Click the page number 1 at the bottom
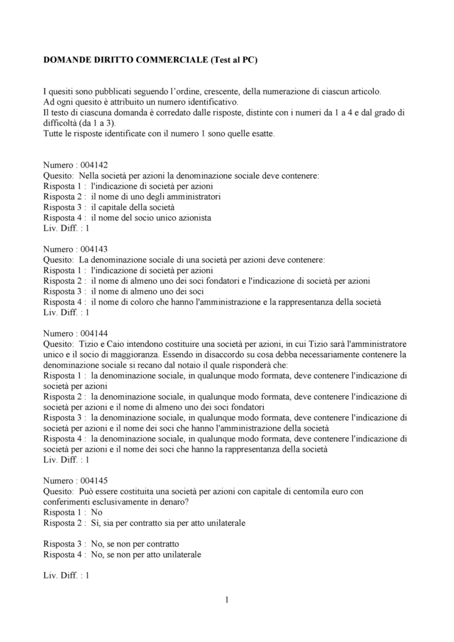point(226,599)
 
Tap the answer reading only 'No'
point(96,512)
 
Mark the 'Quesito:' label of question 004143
point(58,259)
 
